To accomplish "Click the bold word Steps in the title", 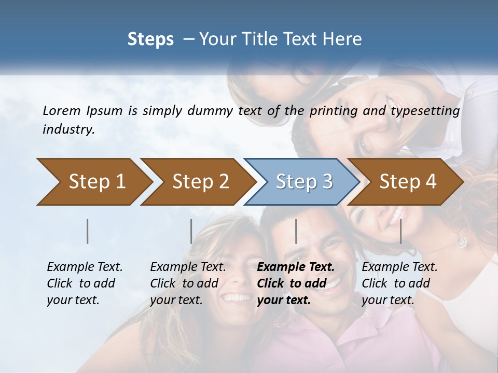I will click(x=150, y=39).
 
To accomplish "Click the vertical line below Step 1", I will click(x=88, y=231).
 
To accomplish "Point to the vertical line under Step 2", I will click(x=191, y=231).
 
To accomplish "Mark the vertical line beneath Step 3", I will click(x=296, y=231).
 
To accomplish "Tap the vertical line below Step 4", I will click(x=401, y=231).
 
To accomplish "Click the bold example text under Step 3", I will click(x=296, y=283).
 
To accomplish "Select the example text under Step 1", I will click(x=85, y=283).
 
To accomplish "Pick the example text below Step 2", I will click(x=188, y=283).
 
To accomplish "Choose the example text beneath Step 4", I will click(x=399, y=283).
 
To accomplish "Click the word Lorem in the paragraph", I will click(x=62, y=110).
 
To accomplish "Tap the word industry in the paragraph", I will click(x=68, y=130).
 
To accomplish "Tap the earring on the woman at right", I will click(x=461, y=241).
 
